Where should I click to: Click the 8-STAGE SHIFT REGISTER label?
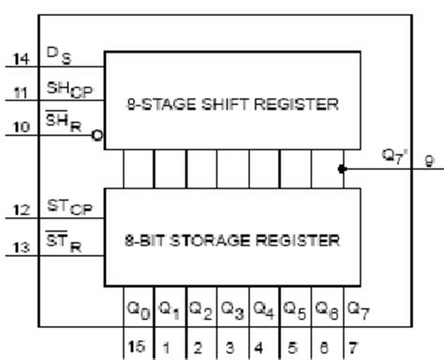pos(231,104)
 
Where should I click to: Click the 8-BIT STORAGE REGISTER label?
pos(231,239)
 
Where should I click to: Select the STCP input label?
pos(64,206)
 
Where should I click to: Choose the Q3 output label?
pos(215,307)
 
